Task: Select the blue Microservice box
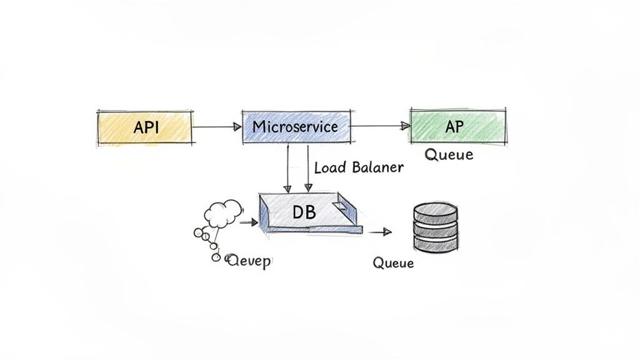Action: (x=295, y=127)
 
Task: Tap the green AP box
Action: (x=457, y=126)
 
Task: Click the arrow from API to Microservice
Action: (x=216, y=127)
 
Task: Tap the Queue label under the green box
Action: (x=449, y=154)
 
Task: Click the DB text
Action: (x=304, y=212)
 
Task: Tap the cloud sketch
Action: (x=222, y=213)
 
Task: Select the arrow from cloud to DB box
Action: (x=248, y=222)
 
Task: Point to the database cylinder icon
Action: (x=436, y=227)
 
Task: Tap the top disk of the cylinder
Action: (x=436, y=212)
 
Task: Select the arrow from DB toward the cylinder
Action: (x=379, y=232)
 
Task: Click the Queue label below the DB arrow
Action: (x=393, y=262)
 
